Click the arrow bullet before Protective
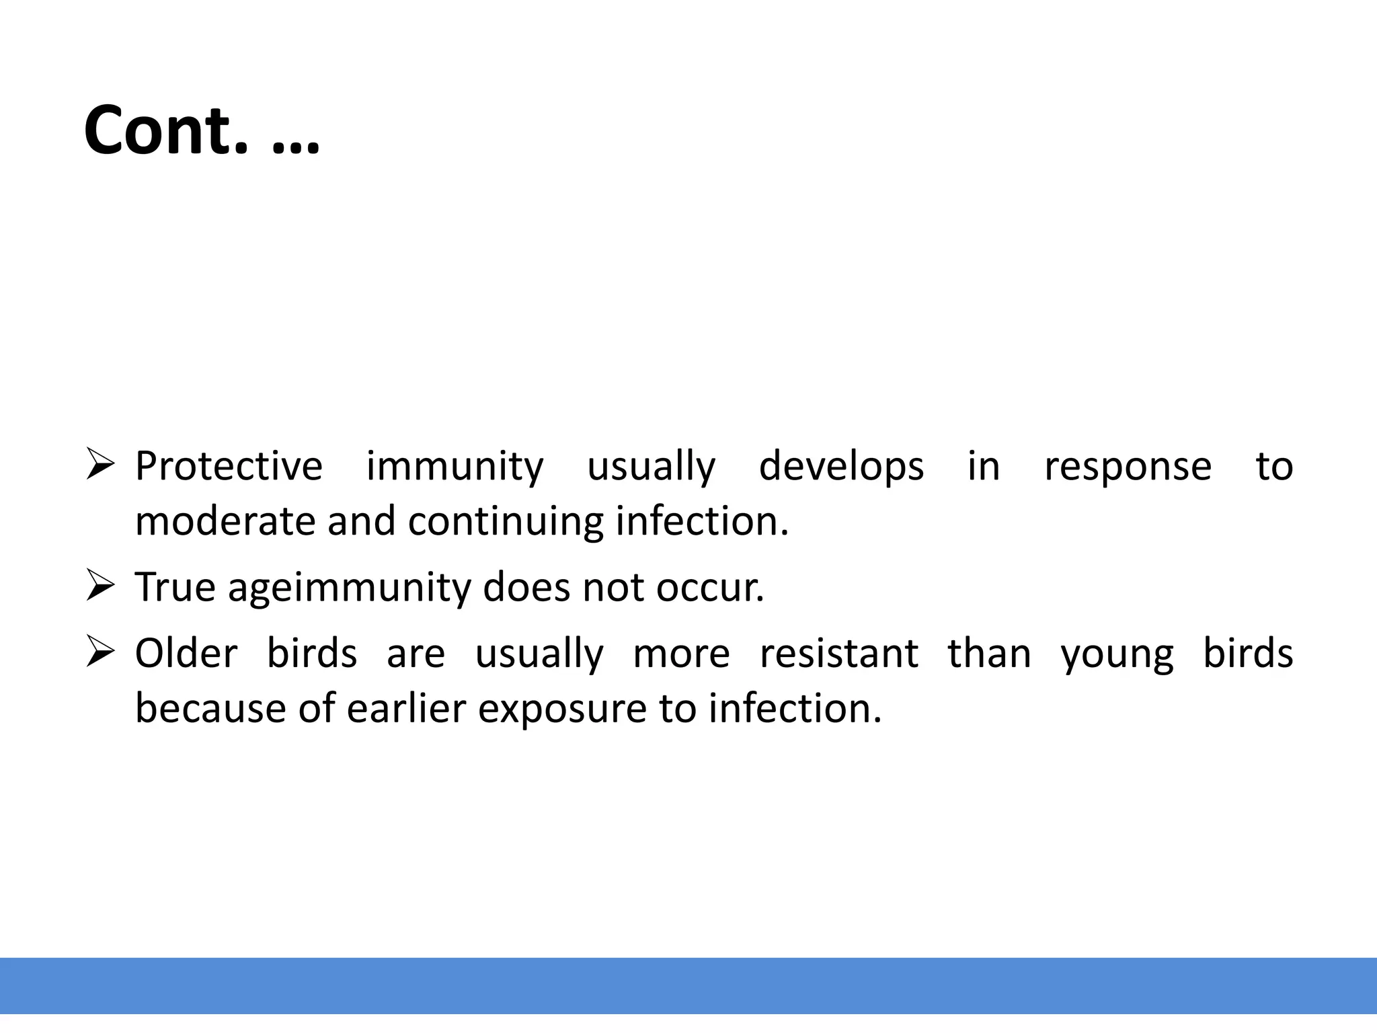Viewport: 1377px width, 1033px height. click(99, 465)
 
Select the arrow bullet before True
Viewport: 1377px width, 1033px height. click(99, 586)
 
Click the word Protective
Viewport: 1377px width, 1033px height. click(229, 466)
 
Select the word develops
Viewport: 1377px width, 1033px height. click(841, 466)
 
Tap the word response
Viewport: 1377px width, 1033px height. click(1128, 466)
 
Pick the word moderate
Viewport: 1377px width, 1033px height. click(225, 521)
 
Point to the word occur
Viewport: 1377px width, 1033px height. click(710, 587)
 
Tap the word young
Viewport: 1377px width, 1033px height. click(1117, 654)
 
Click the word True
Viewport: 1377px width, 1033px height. click(175, 587)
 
